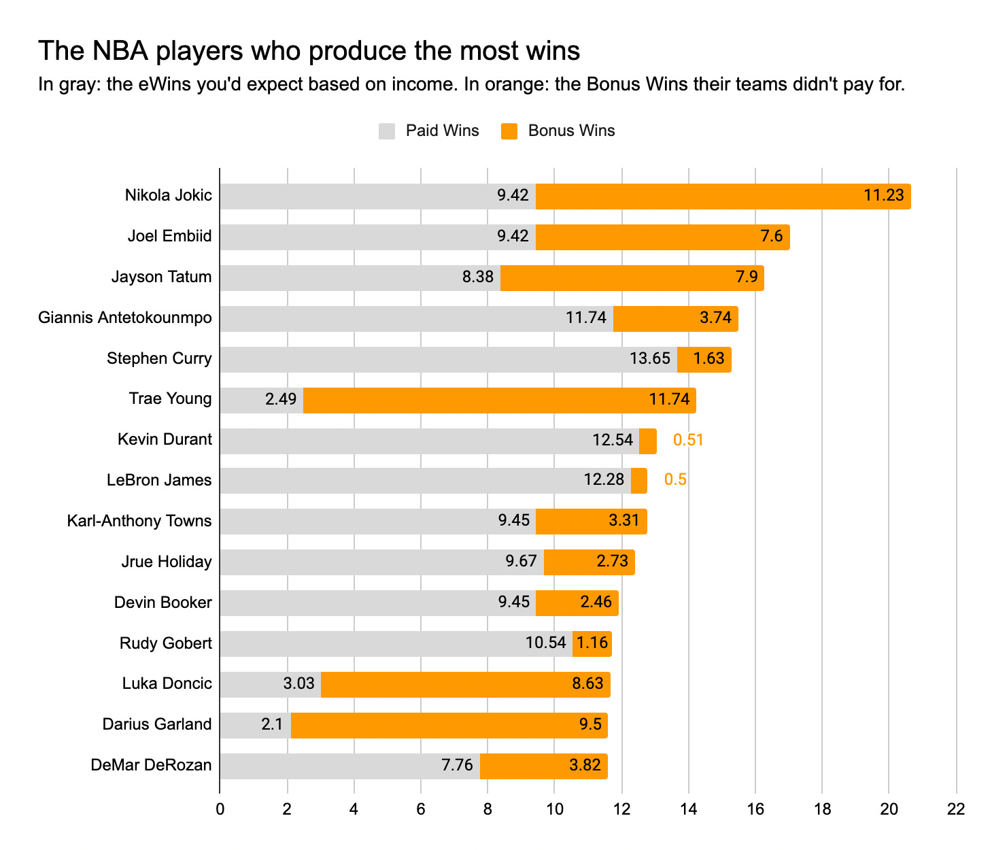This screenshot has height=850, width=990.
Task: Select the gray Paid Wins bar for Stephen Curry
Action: click(x=448, y=360)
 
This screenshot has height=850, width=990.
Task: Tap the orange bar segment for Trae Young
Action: click(x=499, y=401)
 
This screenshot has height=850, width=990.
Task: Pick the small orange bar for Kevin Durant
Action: click(x=647, y=441)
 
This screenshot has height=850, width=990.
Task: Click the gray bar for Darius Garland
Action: click(x=255, y=726)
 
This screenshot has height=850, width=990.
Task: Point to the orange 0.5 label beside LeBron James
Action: click(x=675, y=480)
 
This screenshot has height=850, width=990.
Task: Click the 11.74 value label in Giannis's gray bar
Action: click(x=586, y=318)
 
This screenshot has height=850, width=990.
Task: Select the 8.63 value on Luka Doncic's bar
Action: click(x=588, y=683)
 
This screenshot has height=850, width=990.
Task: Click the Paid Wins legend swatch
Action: click(x=387, y=131)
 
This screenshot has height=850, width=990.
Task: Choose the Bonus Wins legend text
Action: click(x=571, y=131)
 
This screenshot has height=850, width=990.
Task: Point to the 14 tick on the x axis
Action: click(x=689, y=809)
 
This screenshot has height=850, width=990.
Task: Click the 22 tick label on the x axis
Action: click(x=956, y=809)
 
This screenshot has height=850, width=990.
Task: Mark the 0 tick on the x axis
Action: click(x=220, y=809)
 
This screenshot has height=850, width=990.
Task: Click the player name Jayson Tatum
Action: click(x=162, y=277)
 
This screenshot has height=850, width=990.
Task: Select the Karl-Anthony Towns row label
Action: click(x=139, y=521)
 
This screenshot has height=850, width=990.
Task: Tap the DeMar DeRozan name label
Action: click(x=151, y=766)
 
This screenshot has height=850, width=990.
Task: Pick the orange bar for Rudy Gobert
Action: click(x=592, y=644)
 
